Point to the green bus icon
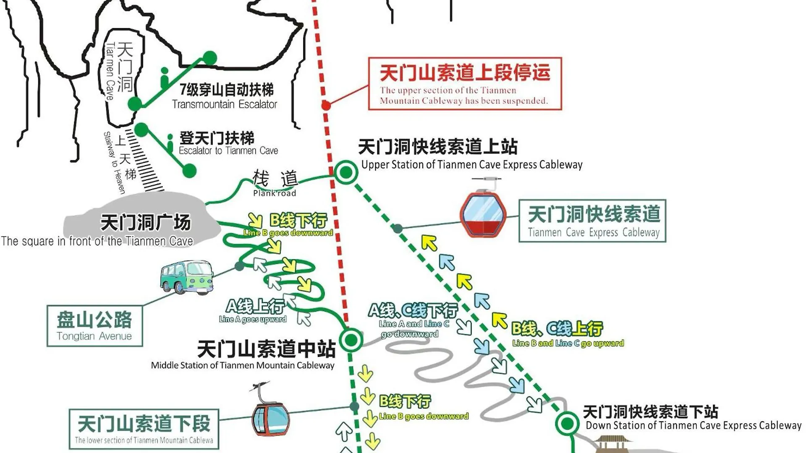(x=187, y=277)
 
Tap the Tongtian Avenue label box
(x=94, y=326)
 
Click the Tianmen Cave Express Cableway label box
(x=592, y=221)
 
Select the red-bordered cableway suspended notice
(x=465, y=84)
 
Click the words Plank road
(x=275, y=193)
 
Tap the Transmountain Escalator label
(x=225, y=104)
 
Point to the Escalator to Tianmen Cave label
(x=228, y=151)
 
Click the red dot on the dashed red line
(x=326, y=105)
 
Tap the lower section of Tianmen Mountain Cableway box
(x=144, y=429)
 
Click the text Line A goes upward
(x=253, y=319)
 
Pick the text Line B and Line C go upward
(x=568, y=343)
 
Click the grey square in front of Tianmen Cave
(x=142, y=220)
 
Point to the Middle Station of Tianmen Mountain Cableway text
(x=243, y=365)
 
